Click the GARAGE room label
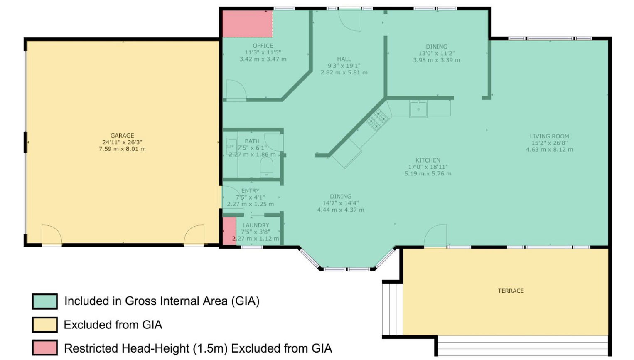tap(122, 136)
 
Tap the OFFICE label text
tap(263, 46)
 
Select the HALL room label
tap(344, 59)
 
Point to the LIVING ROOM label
tap(549, 136)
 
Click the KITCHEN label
tap(428, 160)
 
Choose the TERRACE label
tap(511, 291)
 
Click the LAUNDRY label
tap(256, 225)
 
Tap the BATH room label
tap(252, 141)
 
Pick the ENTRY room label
tap(250, 191)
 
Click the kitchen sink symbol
tap(418, 109)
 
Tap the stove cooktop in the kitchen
tap(378, 120)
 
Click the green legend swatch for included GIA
tap(45, 301)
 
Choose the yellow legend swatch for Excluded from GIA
tap(45, 325)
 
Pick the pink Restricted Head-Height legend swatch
tap(45, 348)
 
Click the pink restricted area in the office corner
tap(247, 24)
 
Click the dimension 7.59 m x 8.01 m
tap(122, 149)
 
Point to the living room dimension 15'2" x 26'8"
tap(549, 143)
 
